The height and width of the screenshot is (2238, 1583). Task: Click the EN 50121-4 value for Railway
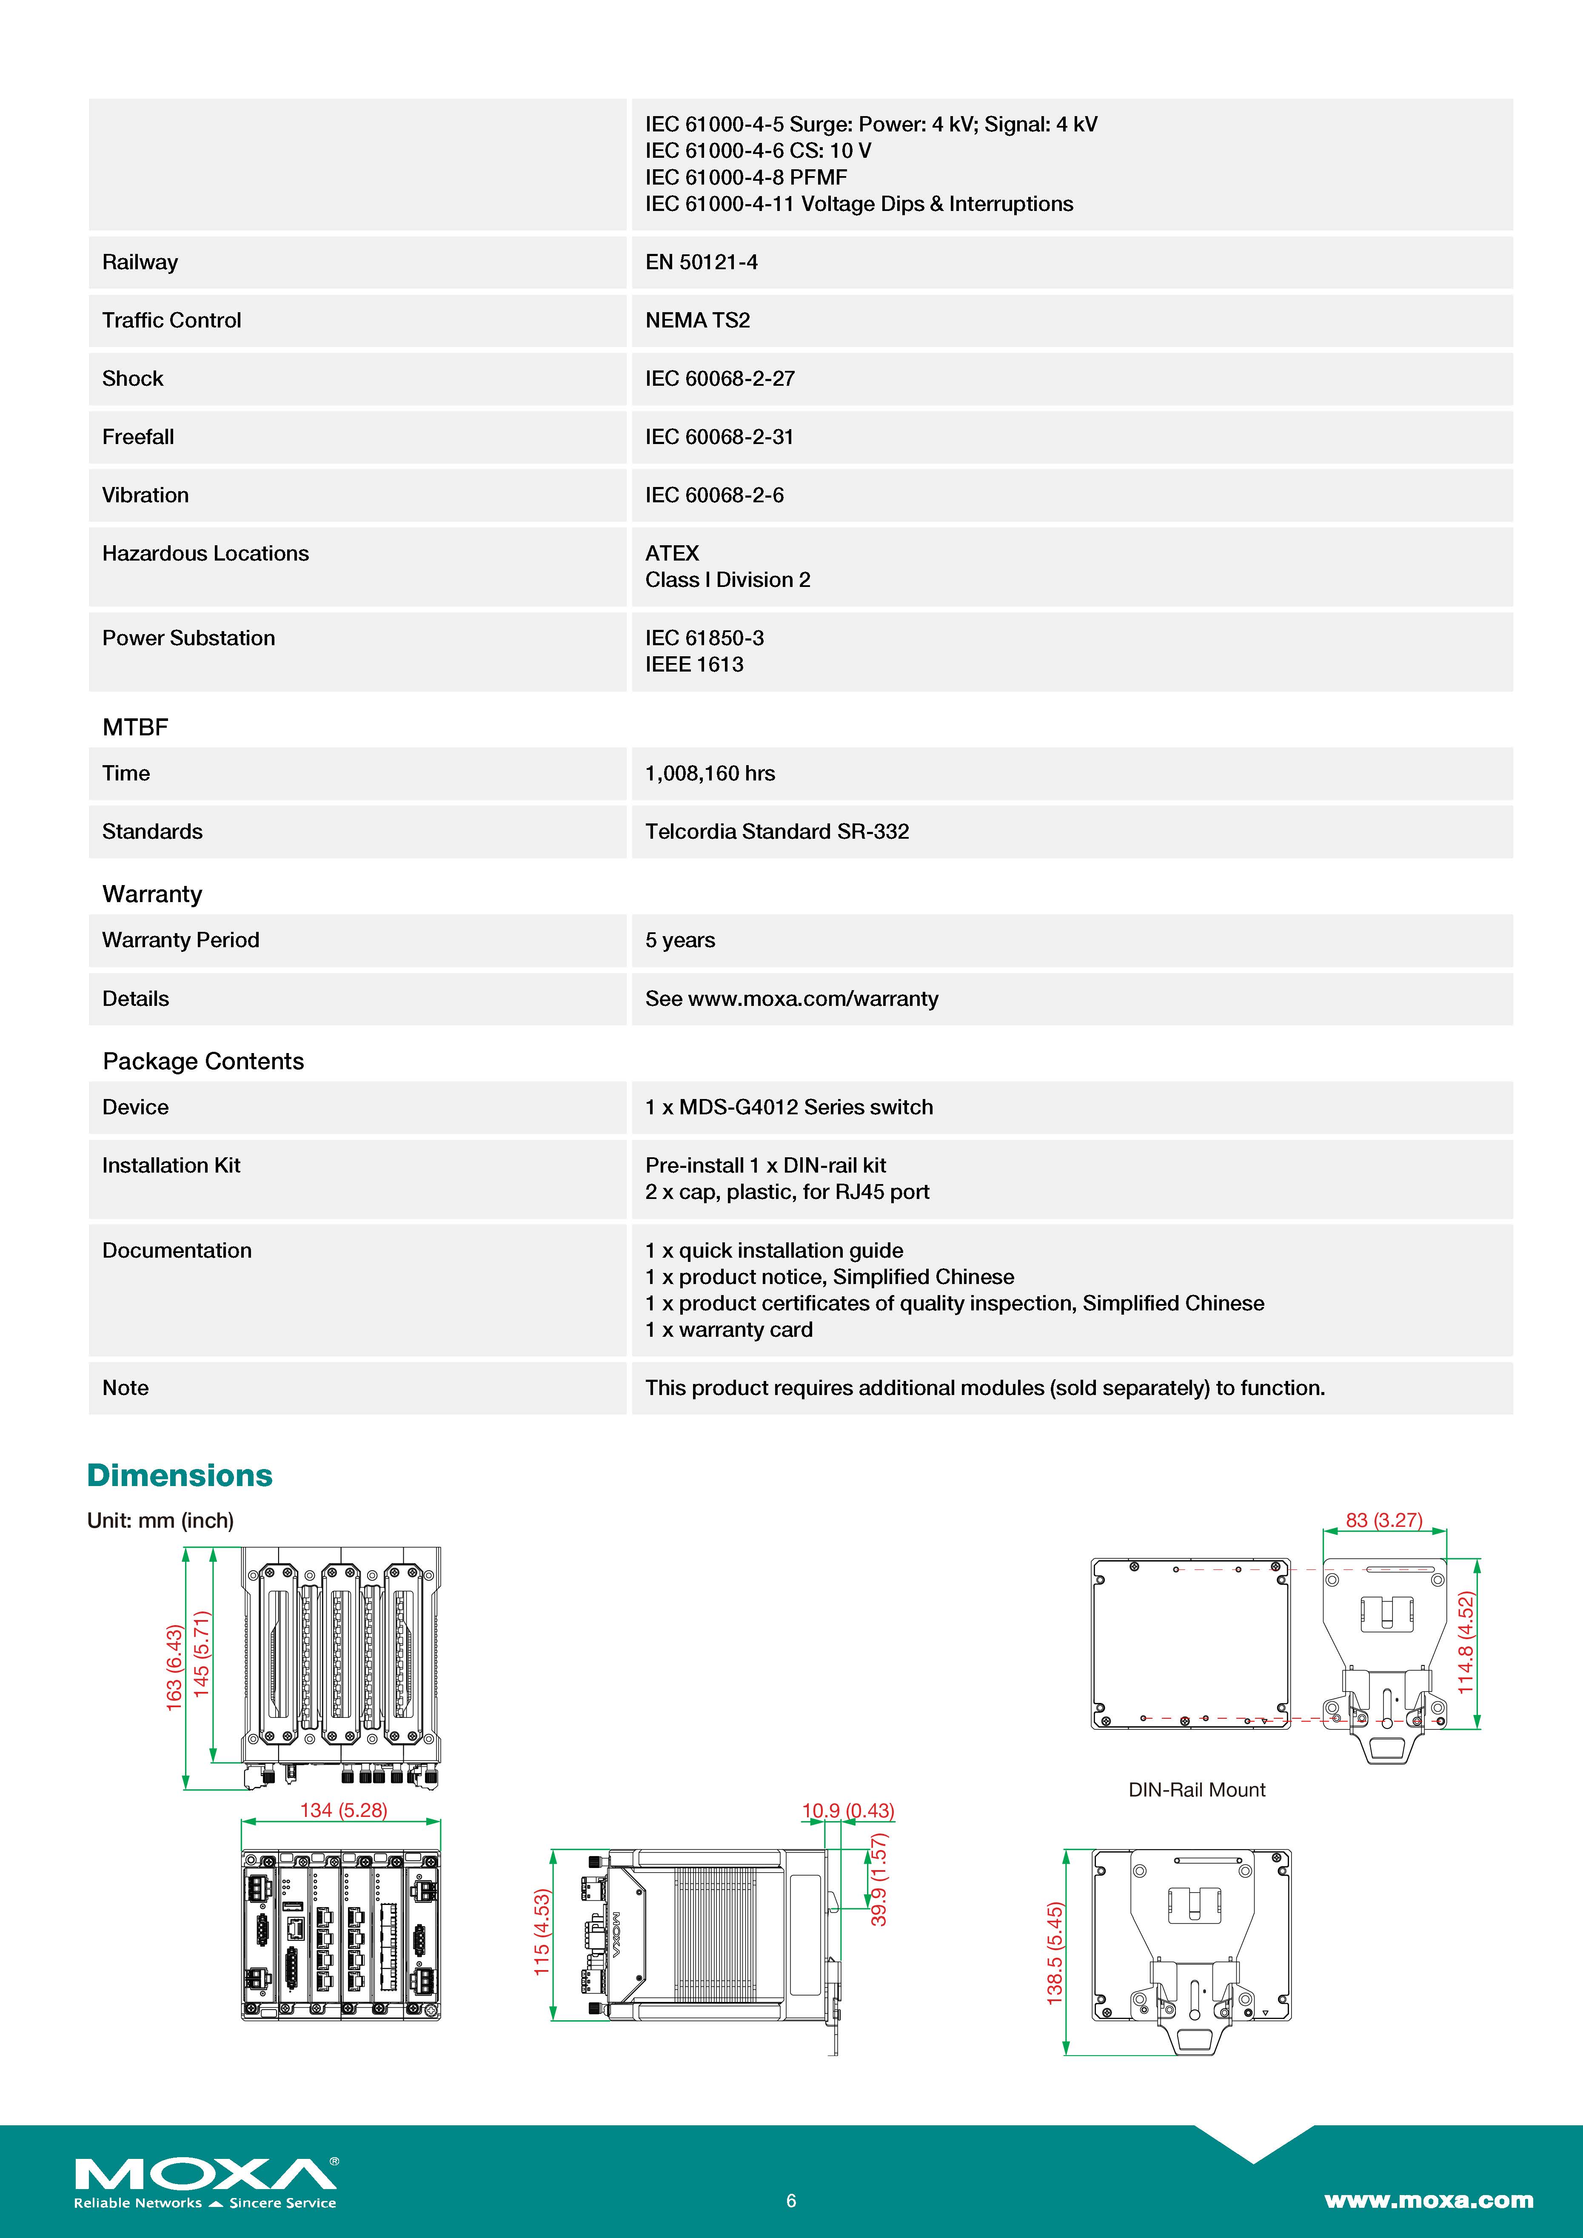[701, 262]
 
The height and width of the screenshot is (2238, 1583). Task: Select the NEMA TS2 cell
[697, 321]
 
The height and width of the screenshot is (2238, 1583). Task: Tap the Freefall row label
[138, 437]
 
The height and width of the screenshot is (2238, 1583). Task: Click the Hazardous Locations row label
[205, 554]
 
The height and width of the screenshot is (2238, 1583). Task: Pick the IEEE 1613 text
[694, 665]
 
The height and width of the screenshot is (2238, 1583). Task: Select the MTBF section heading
[135, 727]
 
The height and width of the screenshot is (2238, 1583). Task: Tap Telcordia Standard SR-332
[777, 831]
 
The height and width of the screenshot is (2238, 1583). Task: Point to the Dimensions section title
[180, 1476]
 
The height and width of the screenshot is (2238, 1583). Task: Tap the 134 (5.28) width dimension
[343, 1810]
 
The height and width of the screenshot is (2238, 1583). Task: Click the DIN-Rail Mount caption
[1196, 1790]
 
